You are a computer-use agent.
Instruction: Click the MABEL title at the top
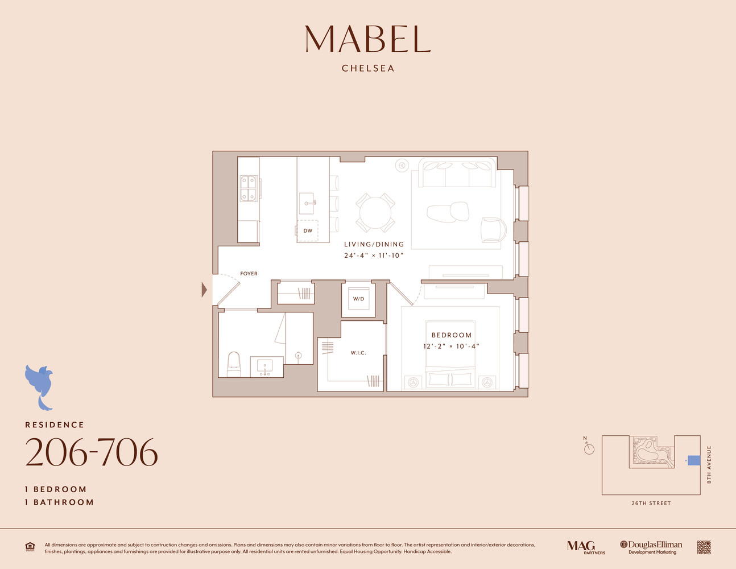[367, 39]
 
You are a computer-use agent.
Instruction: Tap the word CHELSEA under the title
[368, 68]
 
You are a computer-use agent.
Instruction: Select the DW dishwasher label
[308, 230]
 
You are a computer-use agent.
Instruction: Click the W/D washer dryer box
[358, 299]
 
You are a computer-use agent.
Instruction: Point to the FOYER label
[249, 274]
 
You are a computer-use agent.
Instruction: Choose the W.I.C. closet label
[358, 353]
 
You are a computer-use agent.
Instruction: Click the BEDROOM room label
[452, 335]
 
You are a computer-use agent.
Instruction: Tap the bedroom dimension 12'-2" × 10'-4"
[452, 346]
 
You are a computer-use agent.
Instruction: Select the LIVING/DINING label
[374, 244]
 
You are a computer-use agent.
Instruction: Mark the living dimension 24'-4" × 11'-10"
[374, 255]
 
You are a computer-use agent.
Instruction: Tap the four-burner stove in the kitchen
[248, 189]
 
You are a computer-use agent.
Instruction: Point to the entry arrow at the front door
[204, 290]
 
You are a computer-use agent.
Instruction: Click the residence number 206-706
[91, 453]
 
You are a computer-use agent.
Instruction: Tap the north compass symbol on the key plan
[589, 448]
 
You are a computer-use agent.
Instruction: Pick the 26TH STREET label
[651, 503]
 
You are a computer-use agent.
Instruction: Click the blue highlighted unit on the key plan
[694, 460]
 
